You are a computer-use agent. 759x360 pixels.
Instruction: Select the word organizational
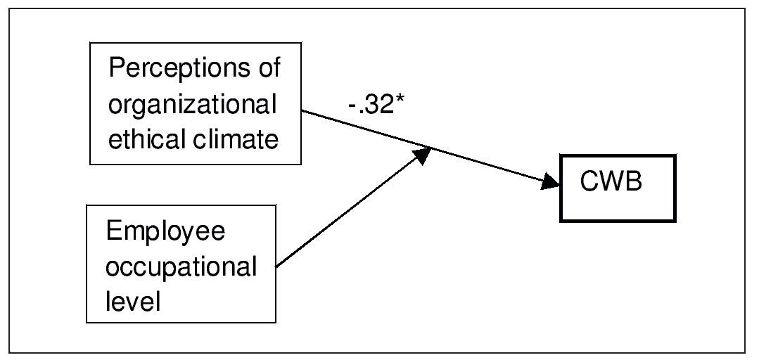pyautogui.click(x=192, y=105)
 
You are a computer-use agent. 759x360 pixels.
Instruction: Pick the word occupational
pyautogui.click(x=181, y=267)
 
